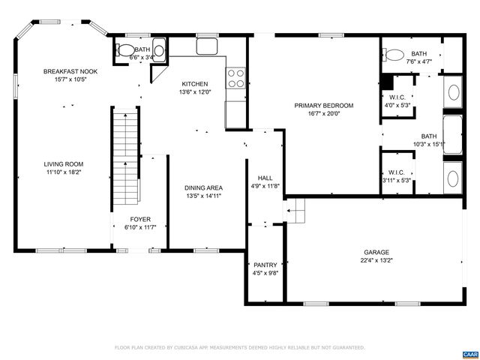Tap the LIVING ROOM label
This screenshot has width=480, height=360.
63,163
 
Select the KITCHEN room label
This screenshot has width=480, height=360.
195,84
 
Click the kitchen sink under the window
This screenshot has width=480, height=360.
207,46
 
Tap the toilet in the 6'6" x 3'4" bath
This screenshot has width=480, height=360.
122,51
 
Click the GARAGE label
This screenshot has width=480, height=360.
376,253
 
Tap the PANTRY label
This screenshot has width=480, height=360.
265,265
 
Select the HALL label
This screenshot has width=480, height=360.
265,178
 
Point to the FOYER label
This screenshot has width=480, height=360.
141,220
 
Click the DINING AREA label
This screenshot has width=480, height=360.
203,187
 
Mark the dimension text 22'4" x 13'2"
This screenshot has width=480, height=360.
376,261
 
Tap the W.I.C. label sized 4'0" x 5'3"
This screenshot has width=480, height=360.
397,97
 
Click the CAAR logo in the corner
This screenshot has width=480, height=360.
469,352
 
